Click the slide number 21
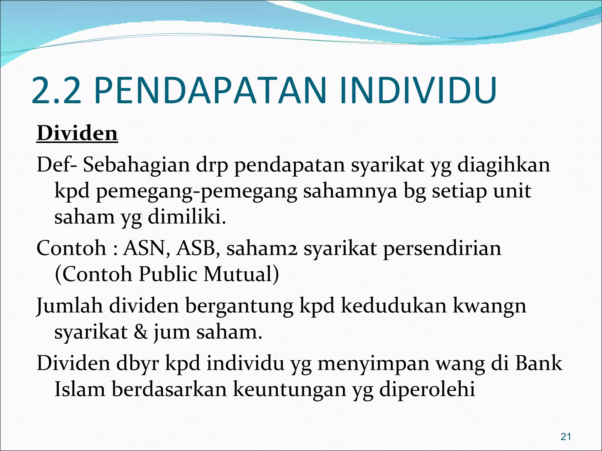click(x=566, y=437)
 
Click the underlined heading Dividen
click(x=77, y=134)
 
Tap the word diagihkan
click(x=504, y=165)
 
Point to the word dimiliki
click(x=187, y=218)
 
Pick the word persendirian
click(x=442, y=248)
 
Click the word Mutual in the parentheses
click(x=241, y=274)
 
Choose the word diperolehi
click(x=427, y=390)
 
